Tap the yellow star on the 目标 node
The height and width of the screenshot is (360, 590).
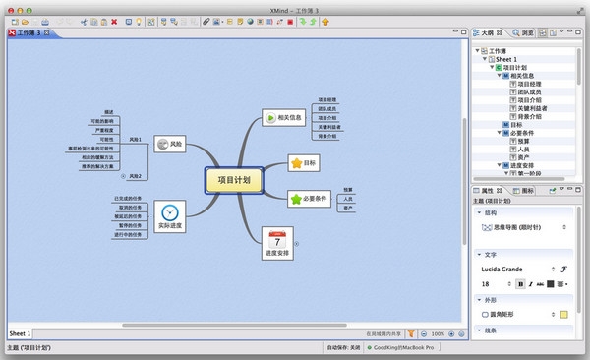coord(296,161)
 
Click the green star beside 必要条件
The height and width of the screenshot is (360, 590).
coord(296,199)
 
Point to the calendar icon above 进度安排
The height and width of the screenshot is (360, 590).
coord(279,238)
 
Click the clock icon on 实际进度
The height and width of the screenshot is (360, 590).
coord(171,212)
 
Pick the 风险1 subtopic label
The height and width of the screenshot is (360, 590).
coord(135,140)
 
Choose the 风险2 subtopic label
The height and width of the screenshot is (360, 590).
coord(135,176)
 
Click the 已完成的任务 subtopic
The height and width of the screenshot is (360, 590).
coord(131,199)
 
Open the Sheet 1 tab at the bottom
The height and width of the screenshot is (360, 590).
coord(21,333)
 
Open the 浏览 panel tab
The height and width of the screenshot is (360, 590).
coord(527,33)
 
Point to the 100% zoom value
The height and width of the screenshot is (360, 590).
coord(438,333)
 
